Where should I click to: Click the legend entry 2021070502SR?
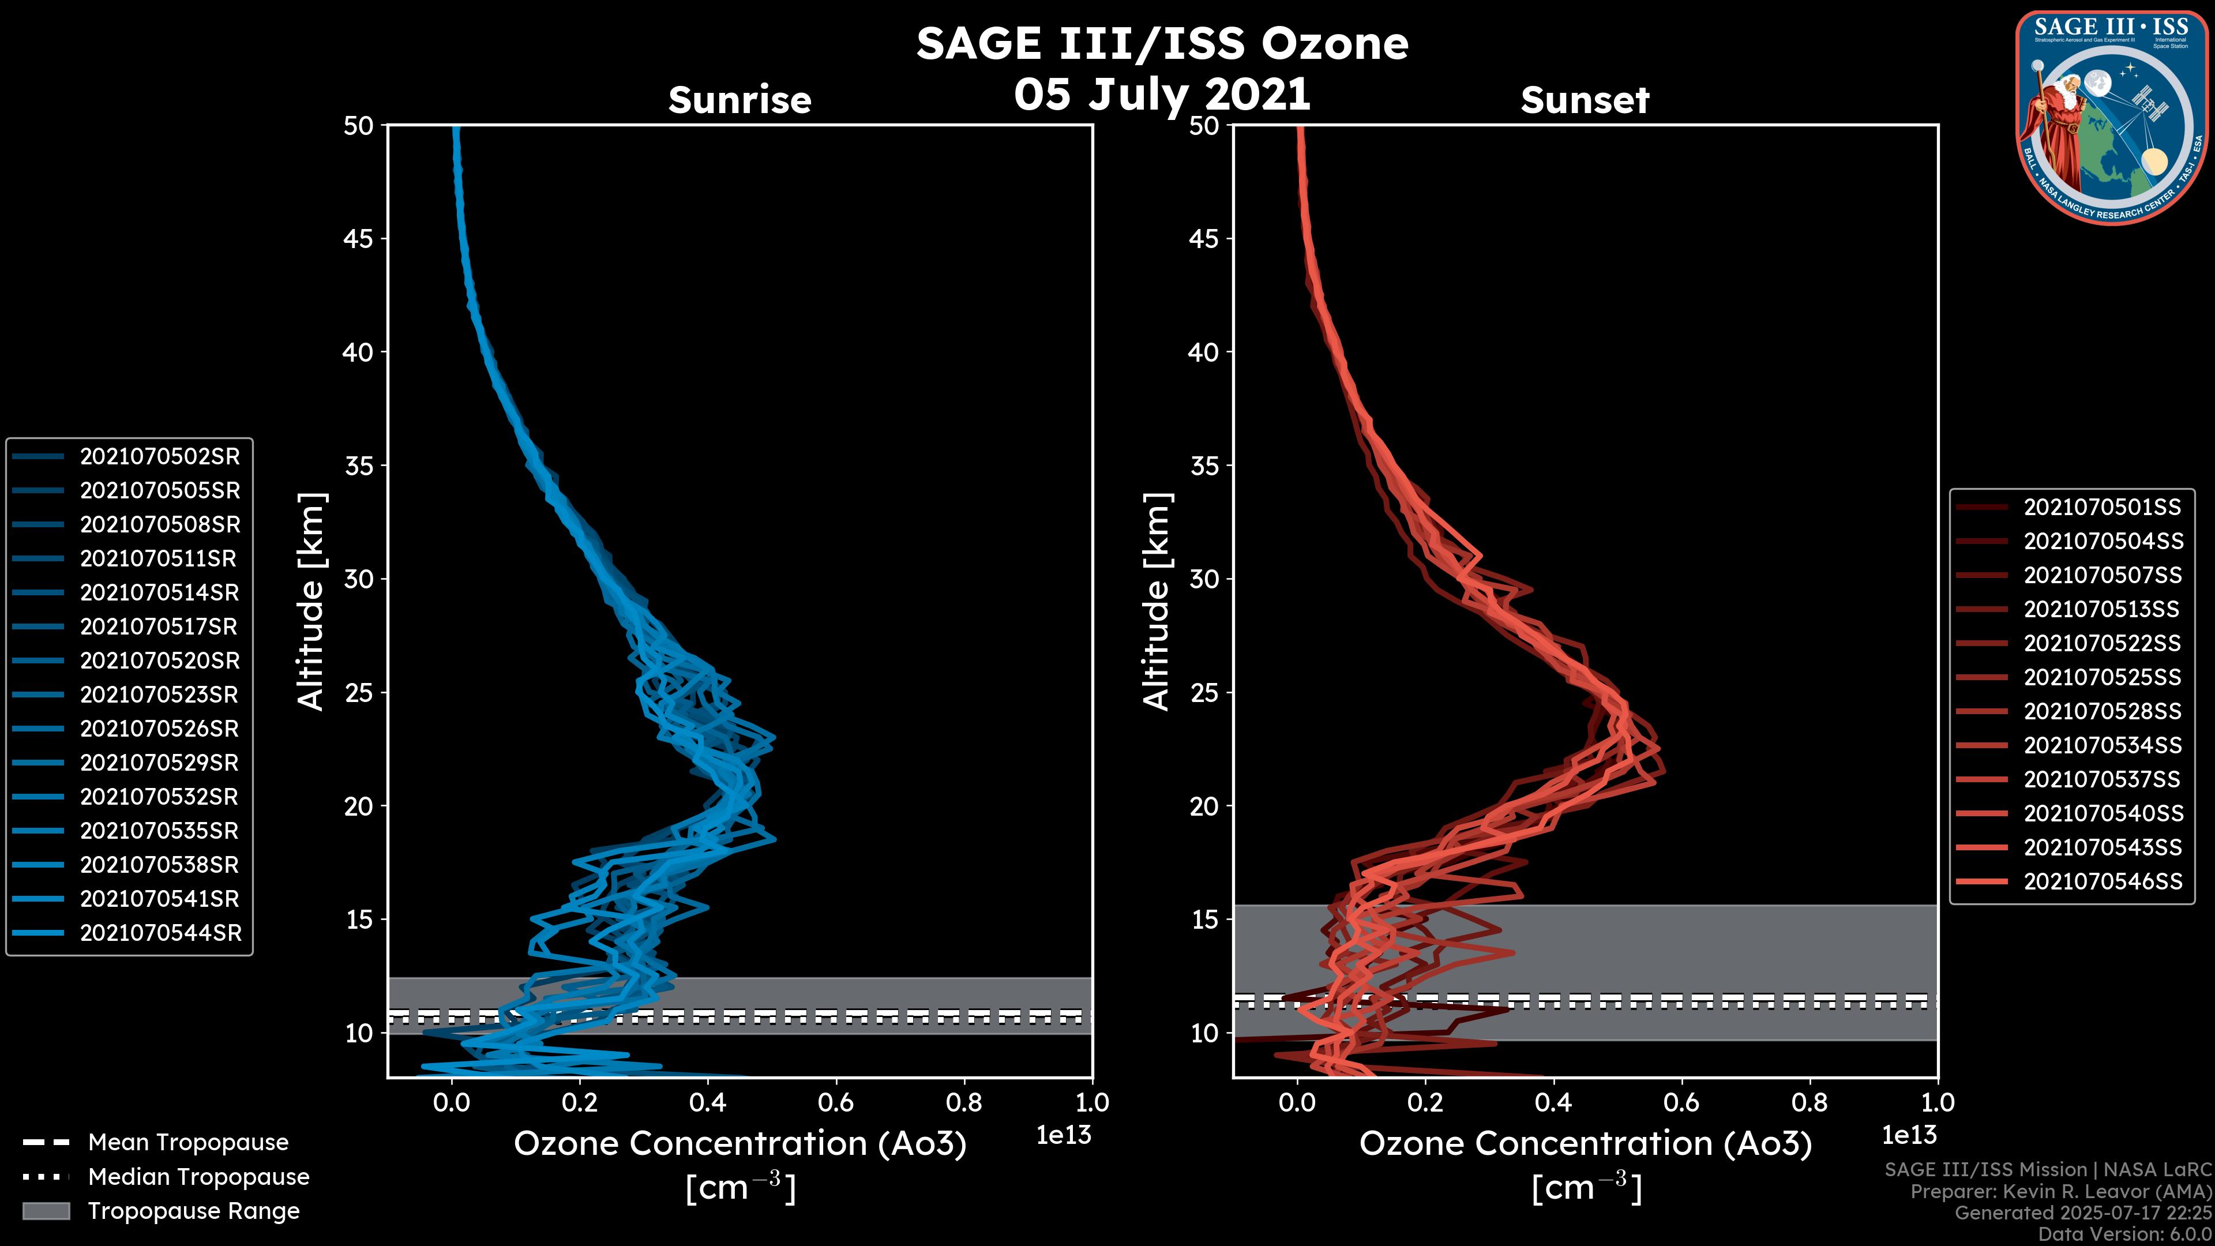(x=160, y=457)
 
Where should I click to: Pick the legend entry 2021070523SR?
(x=160, y=695)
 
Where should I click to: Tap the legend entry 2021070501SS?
(x=2101, y=508)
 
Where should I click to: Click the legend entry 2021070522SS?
(x=2101, y=643)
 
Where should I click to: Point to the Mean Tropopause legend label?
(x=187, y=1143)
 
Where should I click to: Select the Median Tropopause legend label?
(x=198, y=1177)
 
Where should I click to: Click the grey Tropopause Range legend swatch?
(x=46, y=1211)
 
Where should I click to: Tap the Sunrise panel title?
(x=739, y=100)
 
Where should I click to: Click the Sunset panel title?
(x=1585, y=100)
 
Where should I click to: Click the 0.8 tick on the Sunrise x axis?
(x=963, y=1102)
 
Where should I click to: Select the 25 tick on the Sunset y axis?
(x=1204, y=693)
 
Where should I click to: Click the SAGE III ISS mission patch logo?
(x=2113, y=117)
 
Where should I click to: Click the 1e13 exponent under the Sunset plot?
(x=1909, y=1135)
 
